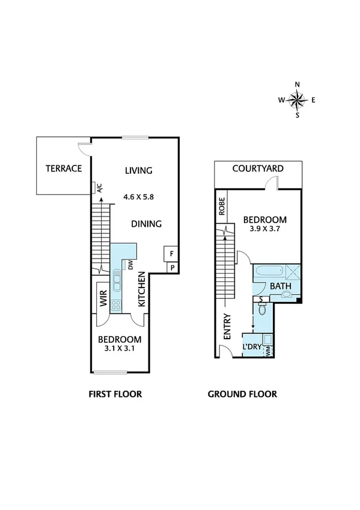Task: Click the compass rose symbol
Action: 297,100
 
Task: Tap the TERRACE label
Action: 63,168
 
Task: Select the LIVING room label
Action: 138,170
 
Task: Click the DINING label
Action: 147,224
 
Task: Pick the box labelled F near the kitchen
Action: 172,254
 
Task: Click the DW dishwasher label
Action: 130,264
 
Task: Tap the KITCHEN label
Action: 142,290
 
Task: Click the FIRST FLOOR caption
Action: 115,395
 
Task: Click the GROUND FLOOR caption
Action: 242,395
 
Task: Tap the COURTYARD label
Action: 258,168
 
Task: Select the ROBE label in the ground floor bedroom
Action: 222,206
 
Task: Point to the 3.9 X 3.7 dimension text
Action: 265,229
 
